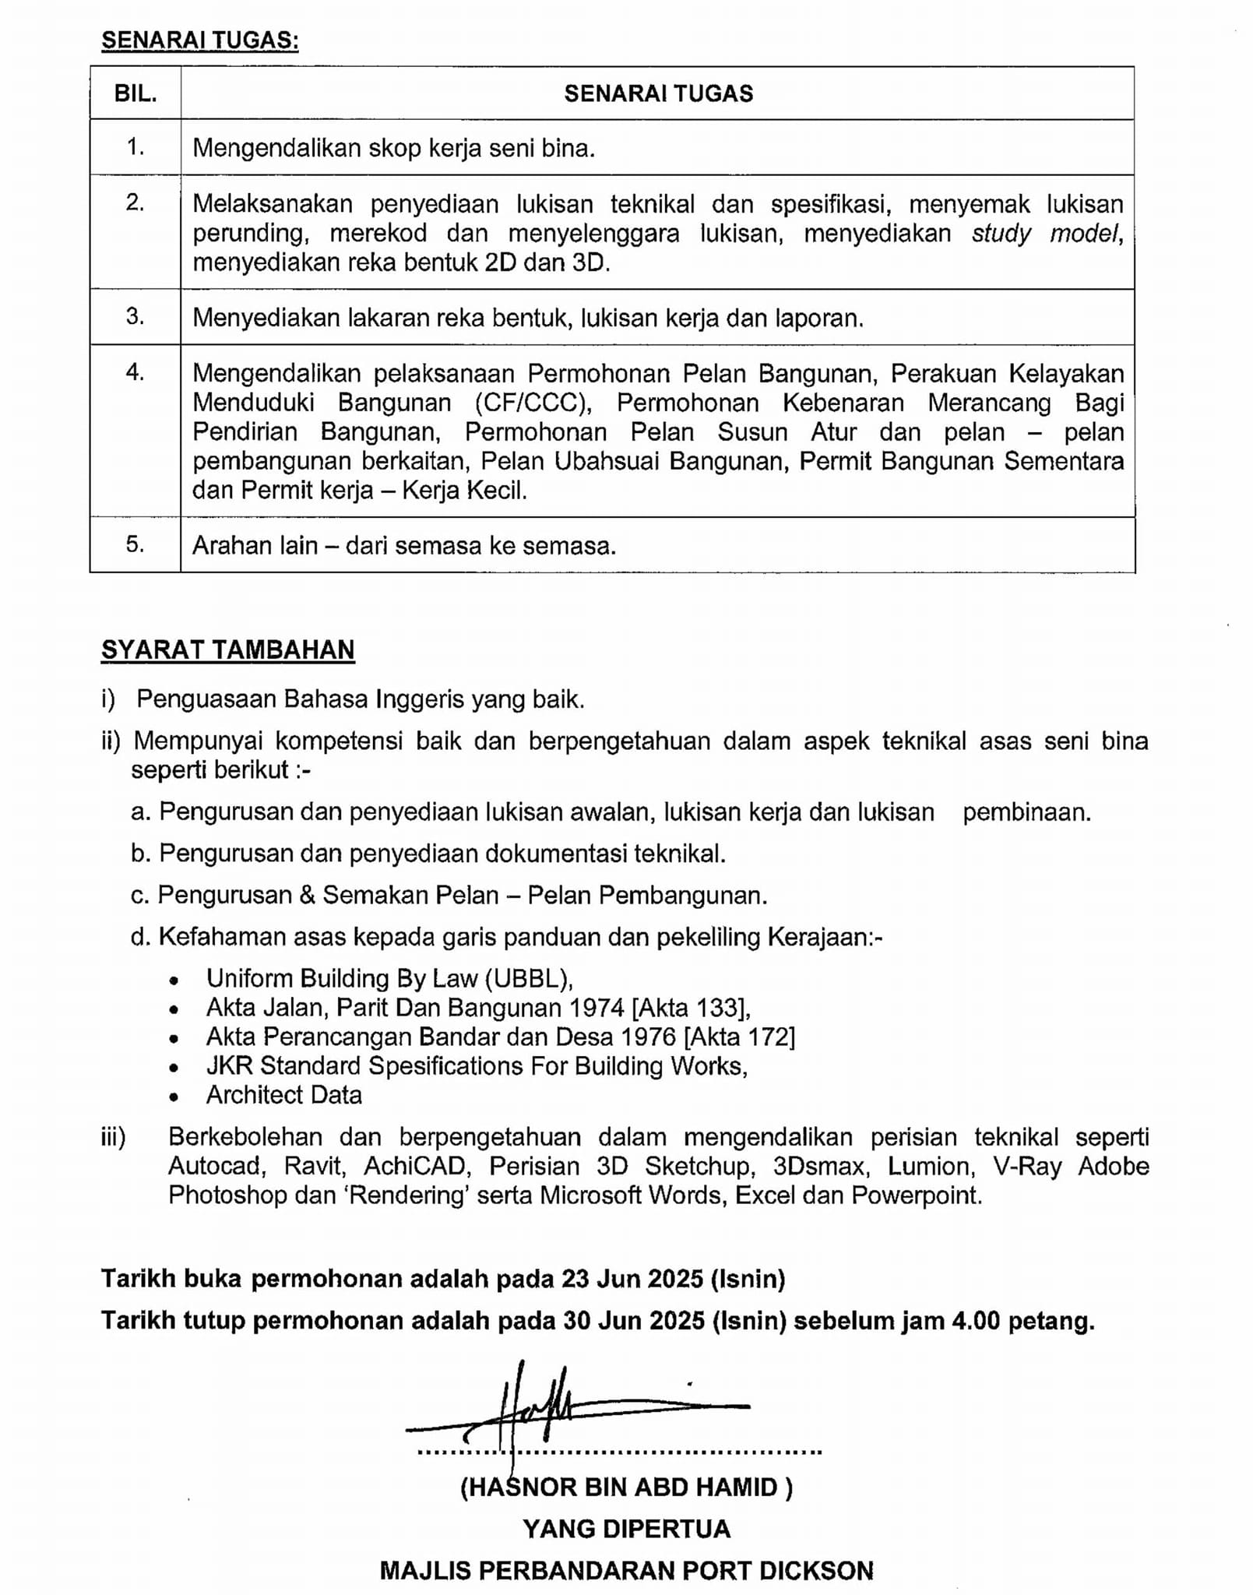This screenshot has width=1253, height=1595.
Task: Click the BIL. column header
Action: click(136, 93)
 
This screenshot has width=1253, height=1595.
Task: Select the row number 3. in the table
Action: click(136, 316)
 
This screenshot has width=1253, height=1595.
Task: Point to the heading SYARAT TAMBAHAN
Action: click(227, 650)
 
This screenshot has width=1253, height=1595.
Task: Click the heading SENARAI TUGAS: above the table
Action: click(199, 40)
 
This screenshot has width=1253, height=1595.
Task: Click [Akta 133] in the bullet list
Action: click(691, 1008)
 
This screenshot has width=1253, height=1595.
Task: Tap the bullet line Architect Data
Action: click(283, 1095)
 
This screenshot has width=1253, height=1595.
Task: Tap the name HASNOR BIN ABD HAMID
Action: click(626, 1488)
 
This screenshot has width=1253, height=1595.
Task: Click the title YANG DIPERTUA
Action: click(626, 1529)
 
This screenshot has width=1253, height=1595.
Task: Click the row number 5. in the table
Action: click(136, 544)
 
